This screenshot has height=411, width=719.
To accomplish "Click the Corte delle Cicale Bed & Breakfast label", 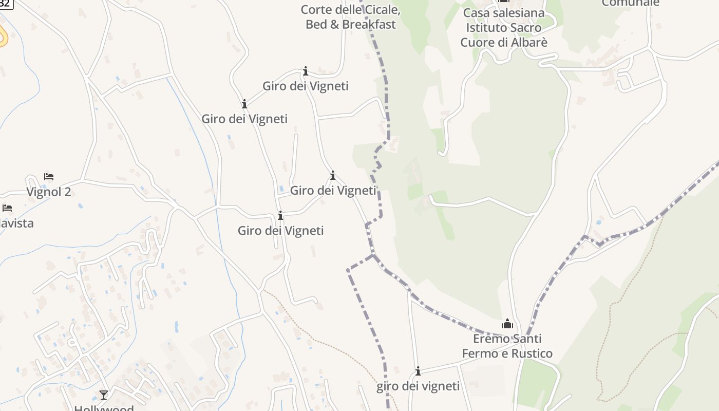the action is click(x=351, y=17).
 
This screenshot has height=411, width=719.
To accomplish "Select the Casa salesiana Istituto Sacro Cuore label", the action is click(x=504, y=27).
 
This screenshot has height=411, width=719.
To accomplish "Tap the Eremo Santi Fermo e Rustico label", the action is click(x=507, y=346).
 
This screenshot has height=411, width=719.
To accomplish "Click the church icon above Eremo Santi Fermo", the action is click(x=507, y=324).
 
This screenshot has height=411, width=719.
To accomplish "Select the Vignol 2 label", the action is click(x=49, y=192).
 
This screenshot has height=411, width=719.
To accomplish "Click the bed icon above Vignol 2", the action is click(x=49, y=177).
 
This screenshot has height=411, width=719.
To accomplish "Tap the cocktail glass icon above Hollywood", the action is click(x=104, y=395).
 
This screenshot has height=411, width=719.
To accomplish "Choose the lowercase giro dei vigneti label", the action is click(x=418, y=386).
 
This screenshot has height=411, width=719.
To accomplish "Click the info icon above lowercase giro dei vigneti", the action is click(x=418, y=371).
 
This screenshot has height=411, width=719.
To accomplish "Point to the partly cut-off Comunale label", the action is click(x=630, y=3).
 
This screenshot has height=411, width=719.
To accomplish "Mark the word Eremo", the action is click(x=492, y=339).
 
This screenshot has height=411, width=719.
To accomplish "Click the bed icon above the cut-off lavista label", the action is click(x=7, y=208).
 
